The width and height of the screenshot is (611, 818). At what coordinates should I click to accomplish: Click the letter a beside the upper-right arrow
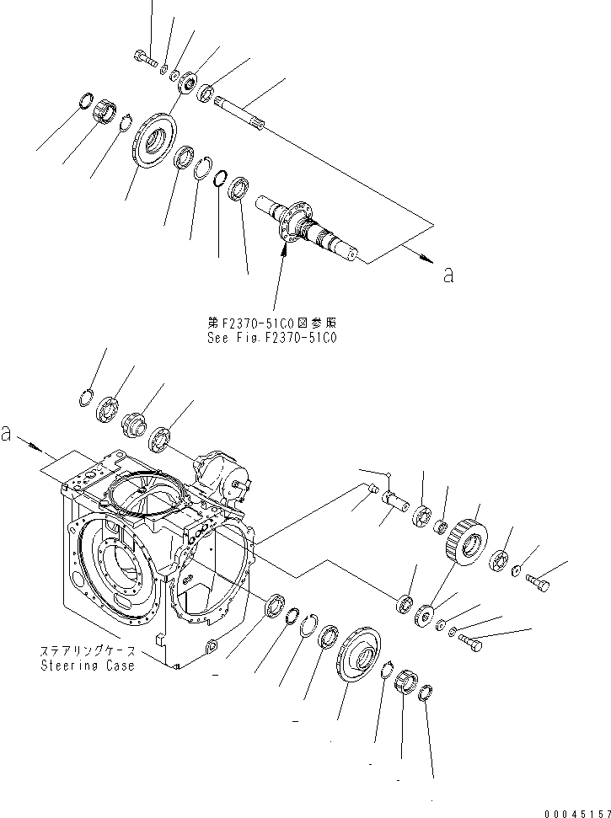448,275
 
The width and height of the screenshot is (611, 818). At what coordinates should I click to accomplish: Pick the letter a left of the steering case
7,435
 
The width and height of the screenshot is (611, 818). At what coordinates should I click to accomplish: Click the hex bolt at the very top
145,59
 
